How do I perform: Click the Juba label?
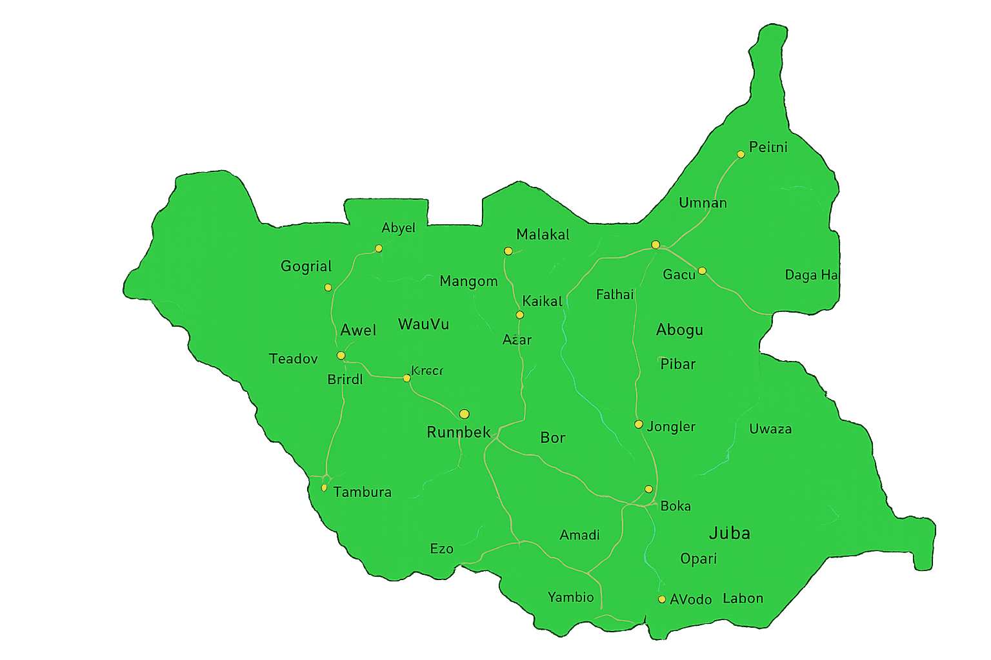(729, 533)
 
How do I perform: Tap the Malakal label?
(543, 235)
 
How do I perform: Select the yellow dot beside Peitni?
(741, 154)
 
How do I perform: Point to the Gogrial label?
(306, 266)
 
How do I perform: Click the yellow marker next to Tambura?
(324, 488)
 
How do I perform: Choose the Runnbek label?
(459, 432)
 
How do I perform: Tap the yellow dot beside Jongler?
(638, 424)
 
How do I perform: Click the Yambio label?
(570, 597)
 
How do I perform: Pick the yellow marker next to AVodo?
(661, 599)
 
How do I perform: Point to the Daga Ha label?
(811, 275)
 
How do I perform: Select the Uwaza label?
(770, 429)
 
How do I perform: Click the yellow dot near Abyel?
(379, 248)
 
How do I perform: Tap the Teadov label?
(293, 358)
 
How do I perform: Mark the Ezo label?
(441, 548)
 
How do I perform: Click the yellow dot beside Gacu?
(702, 271)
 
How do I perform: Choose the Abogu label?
(679, 330)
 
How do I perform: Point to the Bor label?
(552, 438)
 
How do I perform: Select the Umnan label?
(703, 203)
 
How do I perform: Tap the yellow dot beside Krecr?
(406, 378)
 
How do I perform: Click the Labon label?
(743, 598)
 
